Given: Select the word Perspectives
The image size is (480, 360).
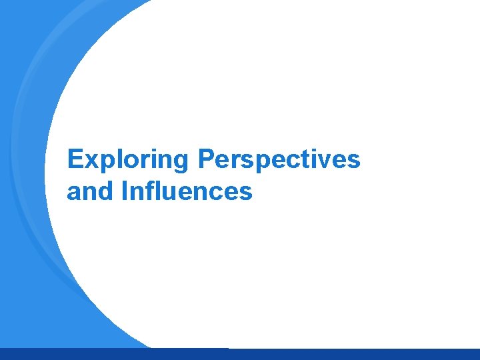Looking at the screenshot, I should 279,160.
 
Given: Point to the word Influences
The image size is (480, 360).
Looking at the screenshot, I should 187,192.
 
